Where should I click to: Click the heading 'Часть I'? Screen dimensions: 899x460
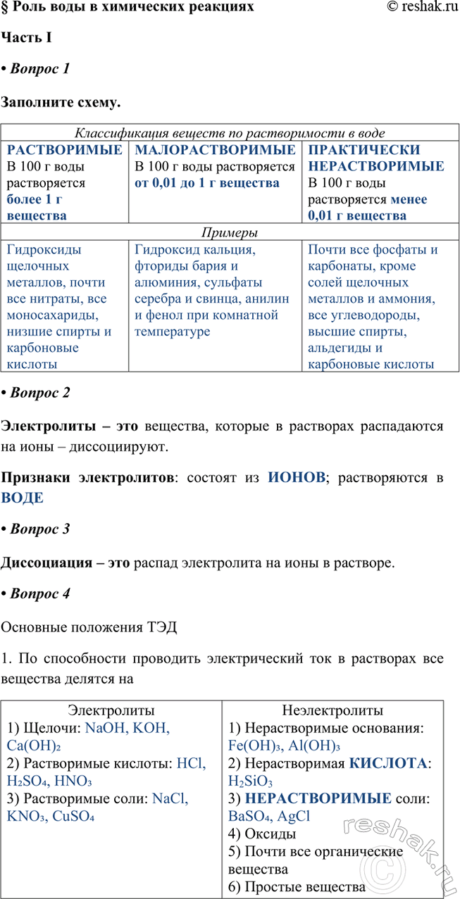click(x=26, y=37)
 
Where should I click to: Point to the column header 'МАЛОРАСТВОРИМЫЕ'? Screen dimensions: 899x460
click(x=215, y=150)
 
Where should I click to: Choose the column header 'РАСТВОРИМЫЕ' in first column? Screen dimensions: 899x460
click(x=64, y=150)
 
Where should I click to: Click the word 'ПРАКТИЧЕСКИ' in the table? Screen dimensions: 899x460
click(x=364, y=150)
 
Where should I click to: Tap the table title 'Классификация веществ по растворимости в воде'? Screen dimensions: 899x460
click(x=230, y=132)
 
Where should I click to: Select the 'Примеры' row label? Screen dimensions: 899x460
click(x=230, y=233)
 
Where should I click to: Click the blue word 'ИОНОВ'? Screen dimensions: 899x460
click(x=297, y=478)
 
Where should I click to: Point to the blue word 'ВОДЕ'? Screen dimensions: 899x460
click(x=23, y=498)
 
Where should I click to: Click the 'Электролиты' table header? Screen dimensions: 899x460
click(x=111, y=710)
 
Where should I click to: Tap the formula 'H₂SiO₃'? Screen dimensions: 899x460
click(x=251, y=781)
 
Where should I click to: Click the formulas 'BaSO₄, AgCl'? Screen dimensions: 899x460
click(x=269, y=817)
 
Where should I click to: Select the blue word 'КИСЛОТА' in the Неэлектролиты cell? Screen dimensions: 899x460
click(x=388, y=763)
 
